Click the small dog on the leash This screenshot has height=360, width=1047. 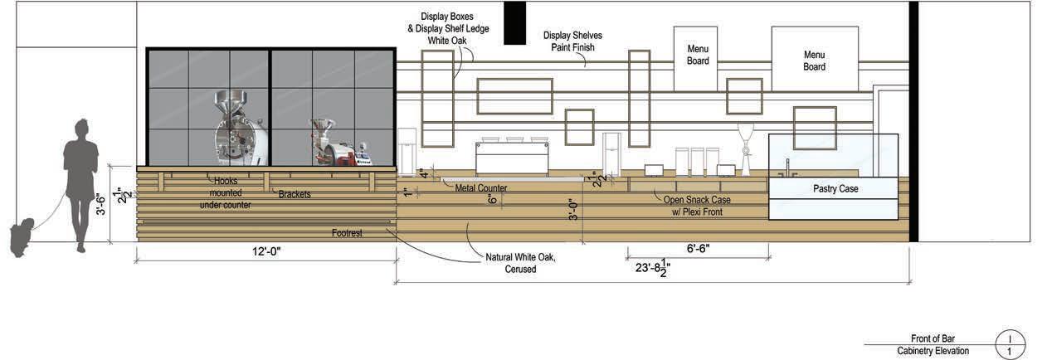pos(22,236)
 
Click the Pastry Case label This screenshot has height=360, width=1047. pos(835,190)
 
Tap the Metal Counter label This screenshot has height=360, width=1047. pos(481,189)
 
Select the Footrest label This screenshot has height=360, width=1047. pos(348,233)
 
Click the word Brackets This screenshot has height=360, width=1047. pos(296,193)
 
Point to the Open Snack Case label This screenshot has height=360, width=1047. pos(697,205)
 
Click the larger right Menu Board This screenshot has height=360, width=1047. pos(814,61)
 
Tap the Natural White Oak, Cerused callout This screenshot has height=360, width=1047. pos(520,263)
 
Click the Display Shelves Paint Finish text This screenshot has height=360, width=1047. pos(572,41)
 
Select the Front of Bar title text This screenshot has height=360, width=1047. pos(933,338)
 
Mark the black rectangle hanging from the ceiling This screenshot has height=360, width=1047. pos(514,22)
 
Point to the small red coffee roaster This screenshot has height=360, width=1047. pos(332,147)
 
